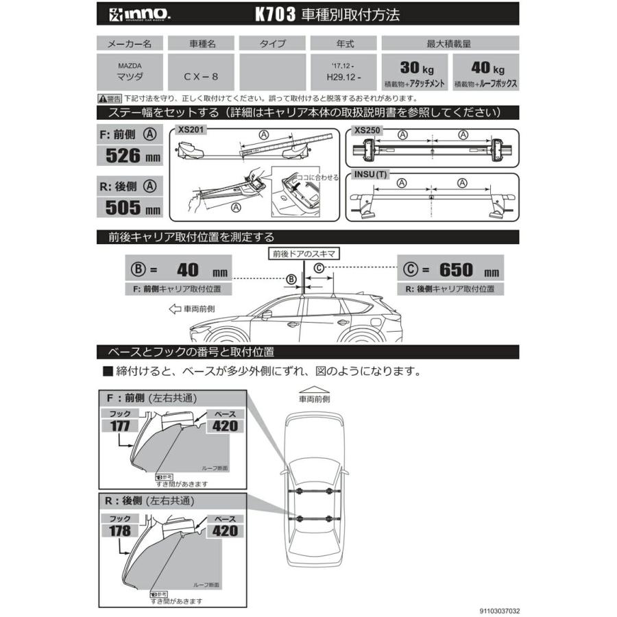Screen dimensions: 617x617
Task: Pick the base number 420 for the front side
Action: [x=223, y=425]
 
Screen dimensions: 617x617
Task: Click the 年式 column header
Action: [x=346, y=43]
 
